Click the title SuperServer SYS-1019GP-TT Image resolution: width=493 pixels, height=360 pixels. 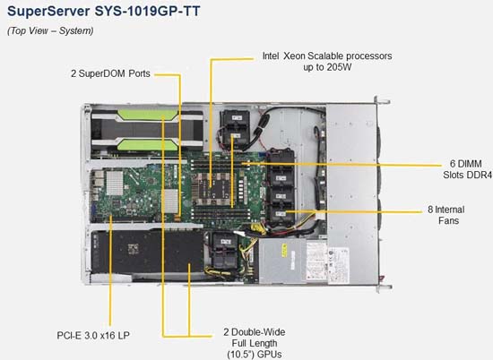104,12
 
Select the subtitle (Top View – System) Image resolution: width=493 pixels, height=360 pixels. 50,30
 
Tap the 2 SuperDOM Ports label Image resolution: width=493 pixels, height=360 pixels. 110,73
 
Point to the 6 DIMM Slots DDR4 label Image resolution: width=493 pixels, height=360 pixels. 467,169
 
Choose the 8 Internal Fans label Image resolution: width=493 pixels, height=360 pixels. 446,215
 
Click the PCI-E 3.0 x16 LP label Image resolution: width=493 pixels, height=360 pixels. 93,336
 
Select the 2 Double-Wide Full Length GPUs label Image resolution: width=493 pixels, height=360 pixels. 255,343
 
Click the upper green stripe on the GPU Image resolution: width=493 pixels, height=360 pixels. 148,115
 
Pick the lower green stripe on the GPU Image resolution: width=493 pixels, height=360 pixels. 148,144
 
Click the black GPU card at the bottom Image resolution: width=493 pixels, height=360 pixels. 147,252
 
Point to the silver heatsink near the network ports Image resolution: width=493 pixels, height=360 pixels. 115,183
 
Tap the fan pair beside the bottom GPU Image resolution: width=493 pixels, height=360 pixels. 224,251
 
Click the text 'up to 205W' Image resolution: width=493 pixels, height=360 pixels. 327,67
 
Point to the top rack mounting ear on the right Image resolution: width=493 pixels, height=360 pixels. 383,101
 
